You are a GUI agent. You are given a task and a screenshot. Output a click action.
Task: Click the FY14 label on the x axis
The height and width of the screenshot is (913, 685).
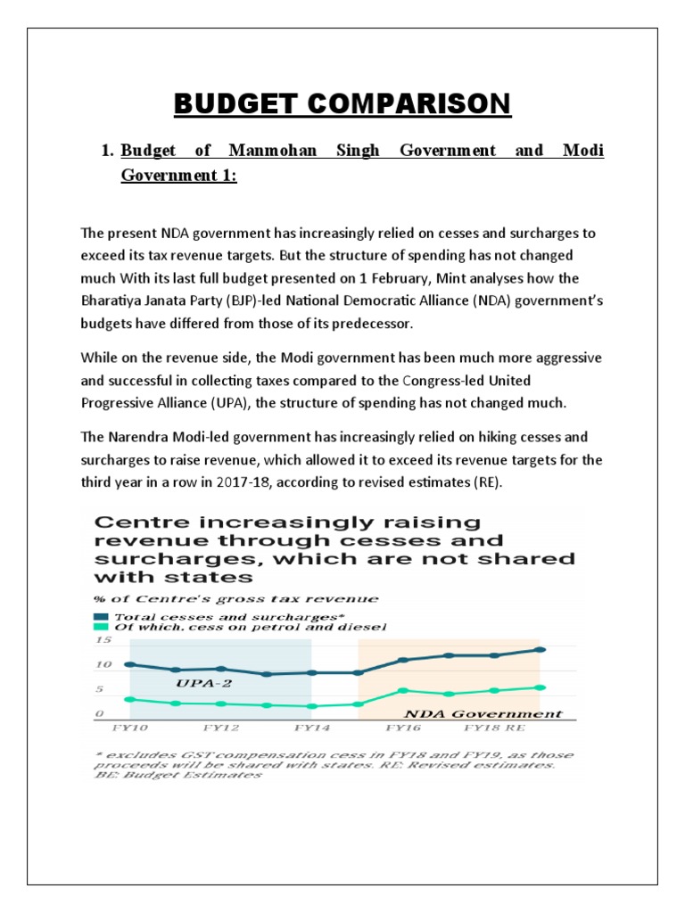point(311,728)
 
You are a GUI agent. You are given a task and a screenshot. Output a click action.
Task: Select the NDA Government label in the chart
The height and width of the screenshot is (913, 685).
point(484,713)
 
